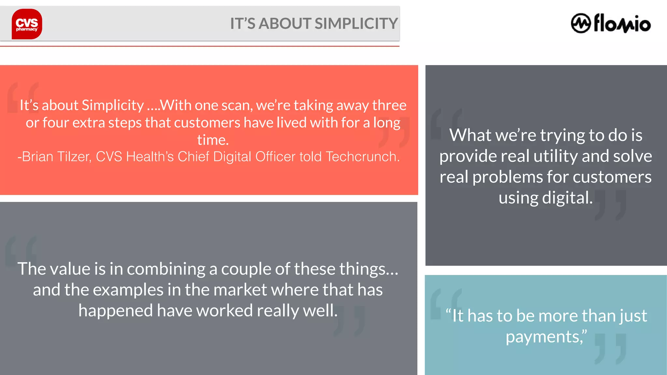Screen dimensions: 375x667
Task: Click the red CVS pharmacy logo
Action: [x=27, y=24]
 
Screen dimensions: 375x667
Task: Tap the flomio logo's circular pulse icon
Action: [x=581, y=23]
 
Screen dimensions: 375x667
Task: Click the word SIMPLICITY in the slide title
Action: [x=356, y=24]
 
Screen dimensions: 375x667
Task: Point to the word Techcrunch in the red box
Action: [x=362, y=157]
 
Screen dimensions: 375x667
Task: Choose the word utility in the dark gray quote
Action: [x=556, y=156]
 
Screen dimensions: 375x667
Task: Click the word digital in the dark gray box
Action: [x=567, y=198]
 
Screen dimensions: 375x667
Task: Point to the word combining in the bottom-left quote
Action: [x=166, y=269]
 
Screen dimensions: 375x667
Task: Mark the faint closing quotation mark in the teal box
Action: [x=610, y=348]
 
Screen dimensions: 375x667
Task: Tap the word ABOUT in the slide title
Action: [x=285, y=24]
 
